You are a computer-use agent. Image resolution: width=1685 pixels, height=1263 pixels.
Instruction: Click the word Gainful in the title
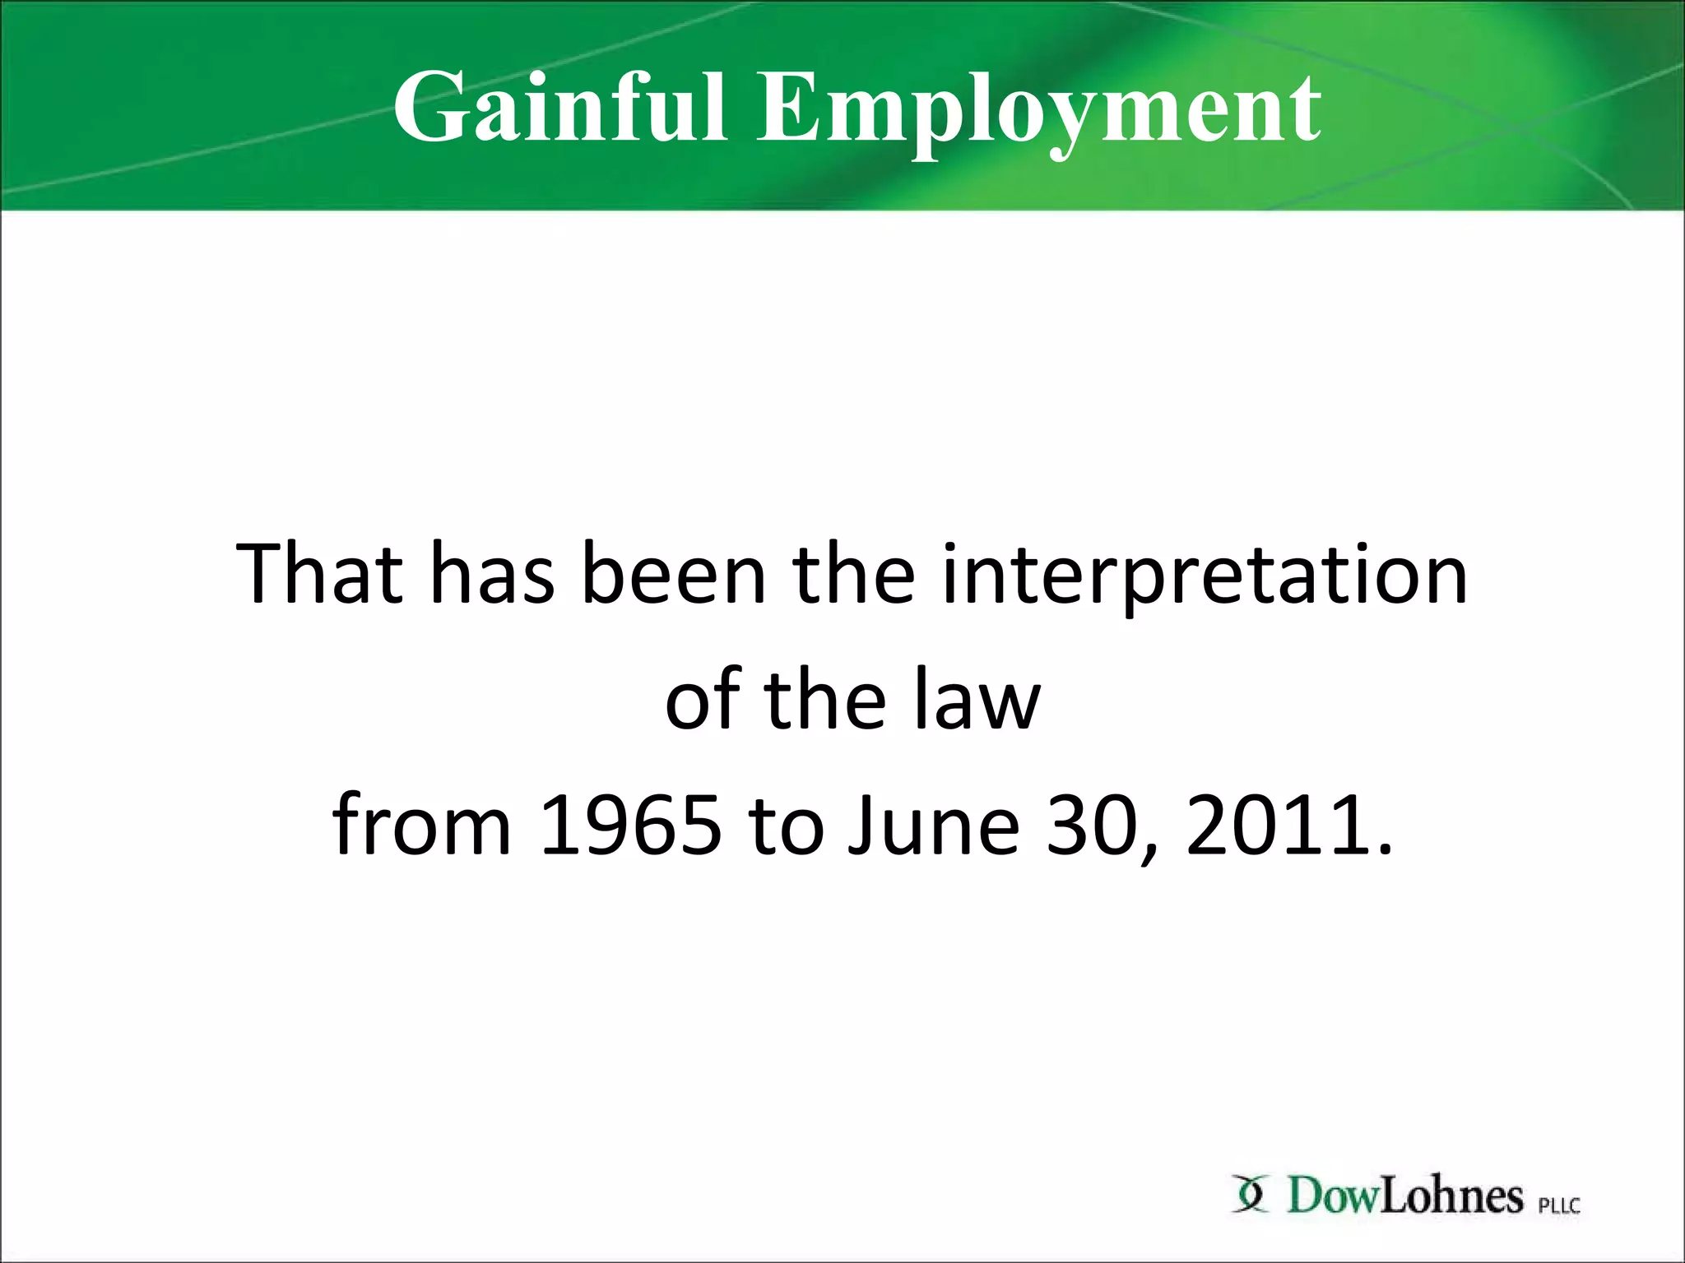click(559, 108)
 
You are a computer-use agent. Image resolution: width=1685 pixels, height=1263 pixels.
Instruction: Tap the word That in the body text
click(319, 573)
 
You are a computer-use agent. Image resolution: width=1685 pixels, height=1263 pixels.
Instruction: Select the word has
click(492, 573)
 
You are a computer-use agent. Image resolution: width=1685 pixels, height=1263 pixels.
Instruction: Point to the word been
click(674, 573)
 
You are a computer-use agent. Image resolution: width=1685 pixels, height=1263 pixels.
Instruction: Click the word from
click(422, 826)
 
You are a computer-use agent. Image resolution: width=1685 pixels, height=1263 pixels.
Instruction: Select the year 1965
click(630, 826)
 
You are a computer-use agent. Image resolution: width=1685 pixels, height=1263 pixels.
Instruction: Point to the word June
click(934, 826)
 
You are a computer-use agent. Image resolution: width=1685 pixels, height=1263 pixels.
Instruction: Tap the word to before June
click(786, 826)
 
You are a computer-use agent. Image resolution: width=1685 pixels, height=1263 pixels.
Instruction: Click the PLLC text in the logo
click(1559, 1205)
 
